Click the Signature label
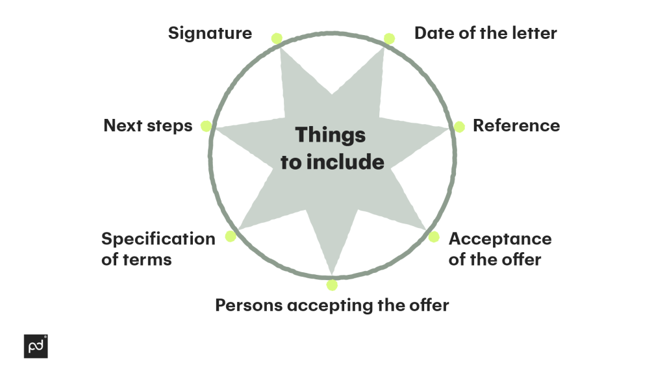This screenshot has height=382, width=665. tap(210, 34)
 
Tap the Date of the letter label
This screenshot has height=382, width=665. tap(485, 34)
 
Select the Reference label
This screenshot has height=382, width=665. tap(516, 125)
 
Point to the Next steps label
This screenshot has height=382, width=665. tap(148, 125)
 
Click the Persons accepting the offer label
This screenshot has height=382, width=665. tap(332, 305)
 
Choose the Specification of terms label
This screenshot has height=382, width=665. tap(158, 249)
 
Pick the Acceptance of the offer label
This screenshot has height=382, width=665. tap(499, 249)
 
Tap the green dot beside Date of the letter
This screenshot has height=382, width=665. tap(389, 38)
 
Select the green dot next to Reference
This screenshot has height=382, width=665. tap(459, 127)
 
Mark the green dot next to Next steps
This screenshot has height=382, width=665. tap(206, 126)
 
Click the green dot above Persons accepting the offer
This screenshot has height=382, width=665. tap(332, 285)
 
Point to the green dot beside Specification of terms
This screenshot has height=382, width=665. tap(231, 236)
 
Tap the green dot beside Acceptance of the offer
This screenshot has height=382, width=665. tap(433, 236)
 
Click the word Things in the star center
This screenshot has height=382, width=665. tap(331, 135)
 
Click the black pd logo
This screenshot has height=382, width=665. tap(36, 346)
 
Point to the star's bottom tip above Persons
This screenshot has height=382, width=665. tap(332, 270)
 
